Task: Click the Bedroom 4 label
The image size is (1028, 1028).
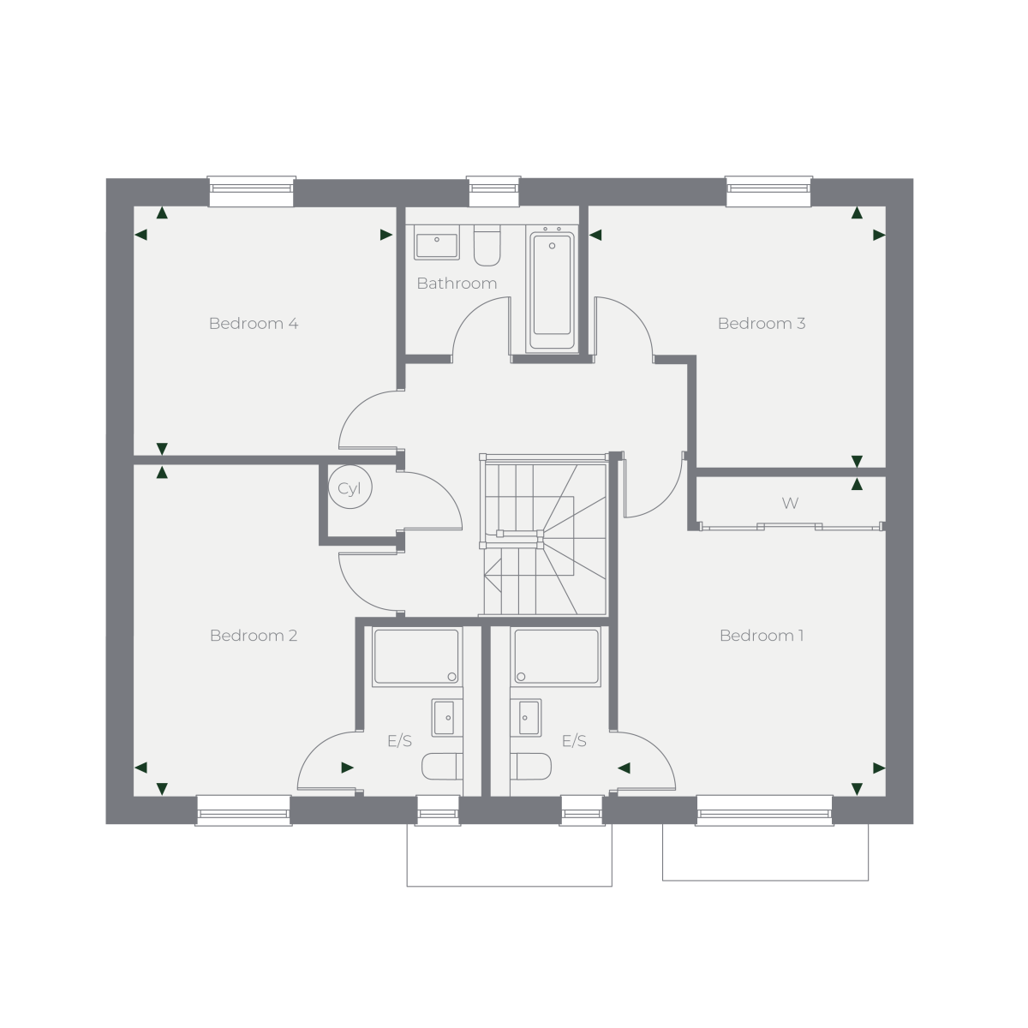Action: click(x=254, y=323)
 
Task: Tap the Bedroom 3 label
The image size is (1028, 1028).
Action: click(x=762, y=323)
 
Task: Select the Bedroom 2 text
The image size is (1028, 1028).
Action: click(x=254, y=636)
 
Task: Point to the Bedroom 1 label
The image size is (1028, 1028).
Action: click(x=762, y=636)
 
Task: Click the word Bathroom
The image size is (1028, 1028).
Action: click(x=457, y=284)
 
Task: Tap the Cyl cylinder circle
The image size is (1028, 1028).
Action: click(x=350, y=487)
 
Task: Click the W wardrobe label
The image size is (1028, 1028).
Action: click(x=790, y=503)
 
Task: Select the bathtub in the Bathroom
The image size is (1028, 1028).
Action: click(x=553, y=289)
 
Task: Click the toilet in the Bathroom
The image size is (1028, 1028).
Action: click(x=487, y=245)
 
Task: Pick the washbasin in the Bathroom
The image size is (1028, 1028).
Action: click(x=437, y=246)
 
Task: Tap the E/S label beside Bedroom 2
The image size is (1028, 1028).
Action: click(x=399, y=741)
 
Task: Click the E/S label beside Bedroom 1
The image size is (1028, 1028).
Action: click(x=574, y=741)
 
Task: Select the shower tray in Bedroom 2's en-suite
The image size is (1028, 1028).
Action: click(x=416, y=656)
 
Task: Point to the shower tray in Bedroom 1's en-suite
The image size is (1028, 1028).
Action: click(x=557, y=656)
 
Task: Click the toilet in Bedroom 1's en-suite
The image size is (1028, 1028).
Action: click(x=530, y=766)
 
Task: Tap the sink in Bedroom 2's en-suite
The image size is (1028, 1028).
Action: click(x=447, y=718)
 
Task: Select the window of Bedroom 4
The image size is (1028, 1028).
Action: click(x=251, y=191)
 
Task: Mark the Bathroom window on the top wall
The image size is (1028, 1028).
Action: click(x=493, y=191)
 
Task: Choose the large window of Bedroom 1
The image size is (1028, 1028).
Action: click(x=764, y=810)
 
